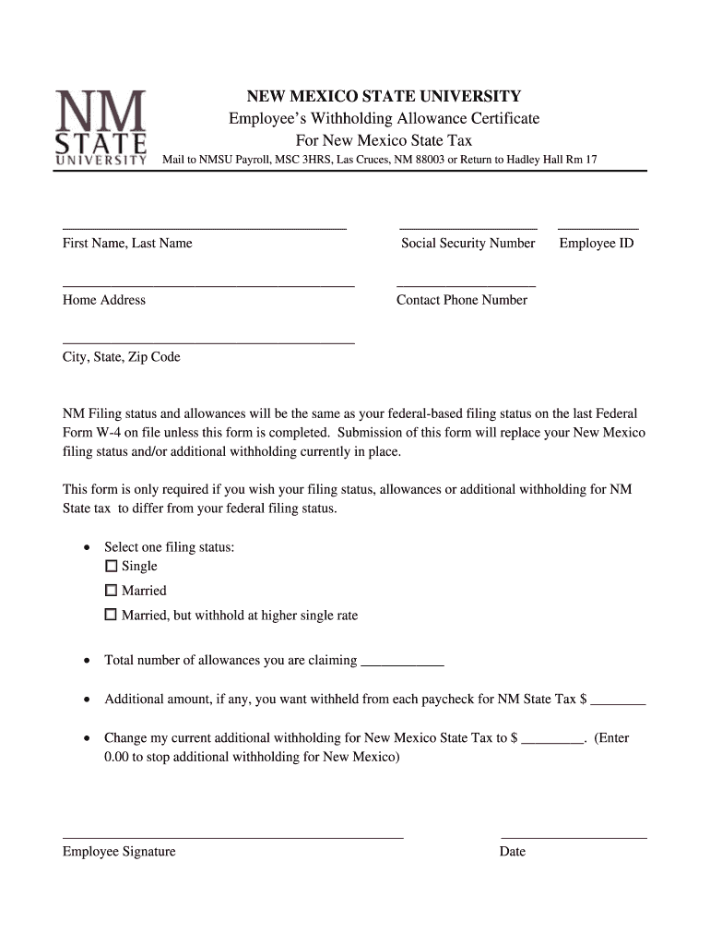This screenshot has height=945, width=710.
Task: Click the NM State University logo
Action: coord(101,127)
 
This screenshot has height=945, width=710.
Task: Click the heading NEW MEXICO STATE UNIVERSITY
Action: coord(383,97)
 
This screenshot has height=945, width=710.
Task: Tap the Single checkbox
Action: coord(112,566)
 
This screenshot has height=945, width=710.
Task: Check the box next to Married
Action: coord(112,591)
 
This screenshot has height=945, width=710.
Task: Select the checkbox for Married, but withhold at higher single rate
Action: coord(112,615)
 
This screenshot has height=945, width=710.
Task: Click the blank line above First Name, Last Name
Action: coord(204,226)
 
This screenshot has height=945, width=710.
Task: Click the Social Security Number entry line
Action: coord(467,226)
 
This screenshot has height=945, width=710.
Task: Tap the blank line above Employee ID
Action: coord(598,226)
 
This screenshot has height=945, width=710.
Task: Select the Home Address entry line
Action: coord(208,285)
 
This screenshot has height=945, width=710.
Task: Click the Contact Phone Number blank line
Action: coord(466,285)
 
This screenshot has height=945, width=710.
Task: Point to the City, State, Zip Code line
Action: coord(208,341)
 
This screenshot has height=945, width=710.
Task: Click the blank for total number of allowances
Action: coord(402,664)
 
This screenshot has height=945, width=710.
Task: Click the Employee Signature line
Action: coord(232,836)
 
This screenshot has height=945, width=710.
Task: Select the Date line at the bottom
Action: coord(574,836)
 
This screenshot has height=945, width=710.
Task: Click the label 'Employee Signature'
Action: coord(119,852)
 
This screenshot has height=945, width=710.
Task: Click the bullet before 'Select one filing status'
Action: coord(87,548)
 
